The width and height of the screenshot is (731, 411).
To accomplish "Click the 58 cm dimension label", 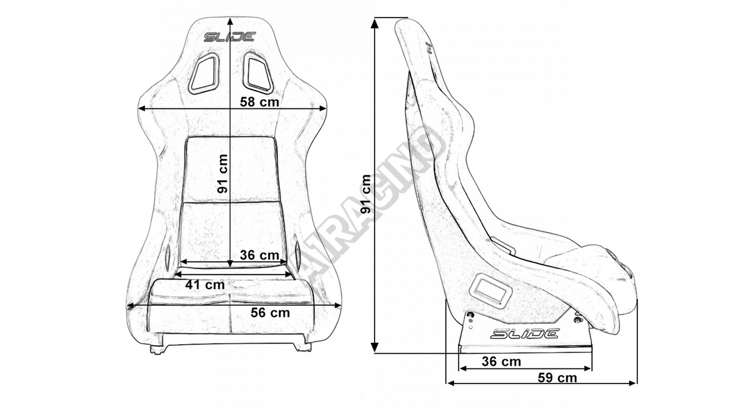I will point(260,102).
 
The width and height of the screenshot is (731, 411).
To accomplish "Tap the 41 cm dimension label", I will point(205,284).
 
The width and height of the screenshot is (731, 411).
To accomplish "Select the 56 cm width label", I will point(270,313).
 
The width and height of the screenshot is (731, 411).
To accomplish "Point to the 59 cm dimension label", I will point(557,378).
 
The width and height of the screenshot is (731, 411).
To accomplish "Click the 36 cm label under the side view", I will point(501,361).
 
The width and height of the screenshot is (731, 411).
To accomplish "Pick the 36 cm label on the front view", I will point(260,255).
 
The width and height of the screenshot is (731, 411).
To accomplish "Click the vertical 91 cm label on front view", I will point(223,174).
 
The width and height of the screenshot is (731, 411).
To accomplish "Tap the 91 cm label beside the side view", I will point(365,194).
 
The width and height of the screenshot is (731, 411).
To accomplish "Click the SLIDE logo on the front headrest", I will point(230,37).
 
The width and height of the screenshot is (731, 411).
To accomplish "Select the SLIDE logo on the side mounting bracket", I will point(525,333).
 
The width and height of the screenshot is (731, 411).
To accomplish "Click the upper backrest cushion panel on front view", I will point(231,170).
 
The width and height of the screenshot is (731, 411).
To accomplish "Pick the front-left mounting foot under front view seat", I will point(157,350).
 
